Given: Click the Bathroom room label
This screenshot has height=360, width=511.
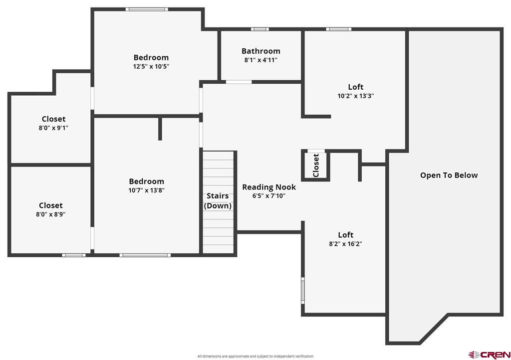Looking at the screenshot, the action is click(260, 51).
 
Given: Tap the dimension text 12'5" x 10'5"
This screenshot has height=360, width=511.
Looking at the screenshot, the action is click(151, 67).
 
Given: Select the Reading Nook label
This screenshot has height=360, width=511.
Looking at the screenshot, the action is click(269, 187).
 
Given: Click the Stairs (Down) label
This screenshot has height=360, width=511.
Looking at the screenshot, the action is click(218, 201).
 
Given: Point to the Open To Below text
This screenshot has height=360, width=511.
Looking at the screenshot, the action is click(449, 175).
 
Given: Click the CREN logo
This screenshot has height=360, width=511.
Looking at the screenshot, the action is click(489, 355).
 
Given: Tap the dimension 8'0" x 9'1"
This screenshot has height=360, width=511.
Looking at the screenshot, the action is click(53, 128).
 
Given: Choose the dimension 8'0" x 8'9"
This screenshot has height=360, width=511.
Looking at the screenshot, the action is click(51, 214).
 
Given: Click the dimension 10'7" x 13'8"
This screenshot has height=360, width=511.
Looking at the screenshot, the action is click(146, 190).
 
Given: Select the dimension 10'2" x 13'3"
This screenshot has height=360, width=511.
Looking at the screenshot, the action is click(355, 96).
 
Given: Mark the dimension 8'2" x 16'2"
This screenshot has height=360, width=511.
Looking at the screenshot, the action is click(345, 244).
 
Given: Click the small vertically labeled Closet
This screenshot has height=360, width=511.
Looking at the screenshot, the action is click(316, 166).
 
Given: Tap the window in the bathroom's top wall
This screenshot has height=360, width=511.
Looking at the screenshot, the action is click(259, 29).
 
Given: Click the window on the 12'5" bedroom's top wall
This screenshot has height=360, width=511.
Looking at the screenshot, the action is click(147, 9).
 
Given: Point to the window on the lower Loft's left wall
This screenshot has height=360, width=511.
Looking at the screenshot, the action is click(303, 290).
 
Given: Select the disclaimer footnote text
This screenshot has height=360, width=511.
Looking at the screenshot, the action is click(255, 356).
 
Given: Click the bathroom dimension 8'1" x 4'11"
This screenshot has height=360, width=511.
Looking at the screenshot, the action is click(260, 60).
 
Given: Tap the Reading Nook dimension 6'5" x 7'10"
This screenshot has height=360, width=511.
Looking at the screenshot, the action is click(269, 196).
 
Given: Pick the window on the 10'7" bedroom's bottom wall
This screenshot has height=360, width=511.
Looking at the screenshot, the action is click(145, 255).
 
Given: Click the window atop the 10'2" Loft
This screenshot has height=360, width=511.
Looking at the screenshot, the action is click(339, 29).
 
